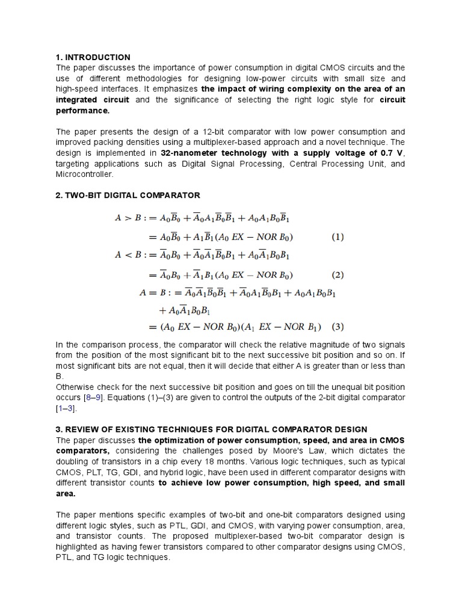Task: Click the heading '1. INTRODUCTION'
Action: pos(93,57)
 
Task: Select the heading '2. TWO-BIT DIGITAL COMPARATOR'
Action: pos(128,196)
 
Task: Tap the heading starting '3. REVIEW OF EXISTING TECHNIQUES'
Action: pos(211,429)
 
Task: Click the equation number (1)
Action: pos(338,237)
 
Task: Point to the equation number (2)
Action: pos(338,276)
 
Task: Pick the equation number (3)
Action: pos(338,327)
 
